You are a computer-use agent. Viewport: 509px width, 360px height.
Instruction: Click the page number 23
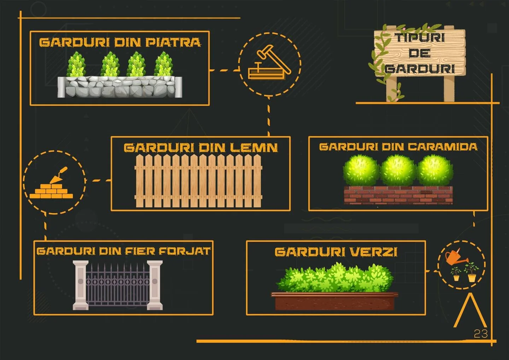coord(481,333)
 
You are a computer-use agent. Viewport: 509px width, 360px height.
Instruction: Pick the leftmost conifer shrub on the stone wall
coord(76,64)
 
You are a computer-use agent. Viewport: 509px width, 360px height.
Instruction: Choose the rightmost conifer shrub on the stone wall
coord(164,64)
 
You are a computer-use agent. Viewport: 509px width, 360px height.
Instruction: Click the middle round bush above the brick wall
coord(398,170)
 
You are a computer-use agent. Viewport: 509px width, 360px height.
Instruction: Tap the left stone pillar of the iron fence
coord(80,285)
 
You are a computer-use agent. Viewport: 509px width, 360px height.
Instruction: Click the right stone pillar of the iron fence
coord(155,285)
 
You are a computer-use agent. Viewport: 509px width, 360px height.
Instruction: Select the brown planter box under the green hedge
coord(334,301)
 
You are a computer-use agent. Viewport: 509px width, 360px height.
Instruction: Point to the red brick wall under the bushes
coord(398,195)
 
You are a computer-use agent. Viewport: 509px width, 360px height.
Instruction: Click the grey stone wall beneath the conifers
coord(120,87)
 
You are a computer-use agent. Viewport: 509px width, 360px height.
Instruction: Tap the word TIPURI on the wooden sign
coord(420,37)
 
